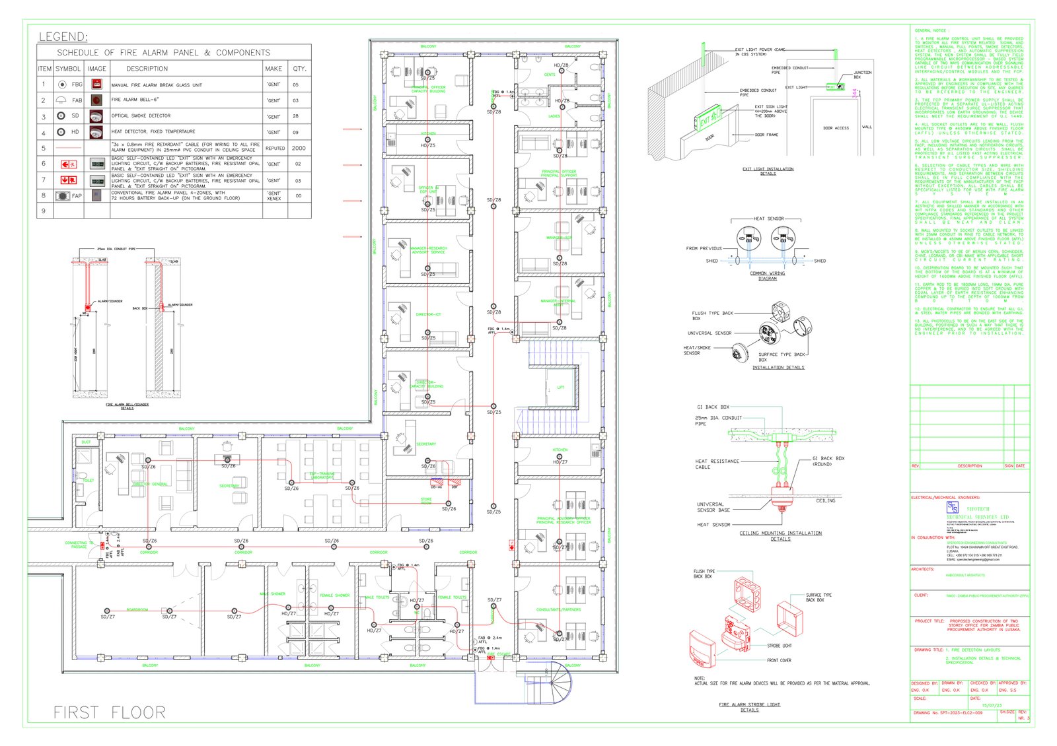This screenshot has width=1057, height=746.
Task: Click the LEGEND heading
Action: click(x=63, y=37)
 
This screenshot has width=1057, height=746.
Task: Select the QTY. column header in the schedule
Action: click(x=300, y=69)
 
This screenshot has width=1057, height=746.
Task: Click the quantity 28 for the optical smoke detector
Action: click(x=295, y=116)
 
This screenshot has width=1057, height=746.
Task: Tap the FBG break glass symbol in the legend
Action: click(x=62, y=85)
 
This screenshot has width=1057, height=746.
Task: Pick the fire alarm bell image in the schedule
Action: click(x=96, y=100)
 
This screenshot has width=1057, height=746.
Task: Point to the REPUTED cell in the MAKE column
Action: click(x=275, y=149)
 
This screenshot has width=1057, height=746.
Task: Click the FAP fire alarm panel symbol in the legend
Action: click(x=63, y=196)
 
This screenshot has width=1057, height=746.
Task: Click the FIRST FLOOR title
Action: click(x=110, y=712)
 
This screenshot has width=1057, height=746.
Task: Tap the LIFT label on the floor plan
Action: click(x=560, y=388)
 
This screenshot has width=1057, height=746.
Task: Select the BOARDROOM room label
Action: click(x=137, y=609)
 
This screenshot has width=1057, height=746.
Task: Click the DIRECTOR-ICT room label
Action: click(x=428, y=315)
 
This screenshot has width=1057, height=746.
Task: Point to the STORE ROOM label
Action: click(x=426, y=501)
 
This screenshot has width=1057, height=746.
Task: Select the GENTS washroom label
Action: click(x=550, y=75)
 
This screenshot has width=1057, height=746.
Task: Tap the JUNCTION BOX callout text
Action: click(x=862, y=75)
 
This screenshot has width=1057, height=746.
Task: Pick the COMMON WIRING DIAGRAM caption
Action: click(x=768, y=276)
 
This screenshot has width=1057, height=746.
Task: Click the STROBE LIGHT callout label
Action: click(x=779, y=646)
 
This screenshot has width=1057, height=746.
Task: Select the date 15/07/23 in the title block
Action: click(x=992, y=706)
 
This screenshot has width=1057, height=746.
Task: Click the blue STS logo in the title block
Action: click(x=952, y=507)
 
